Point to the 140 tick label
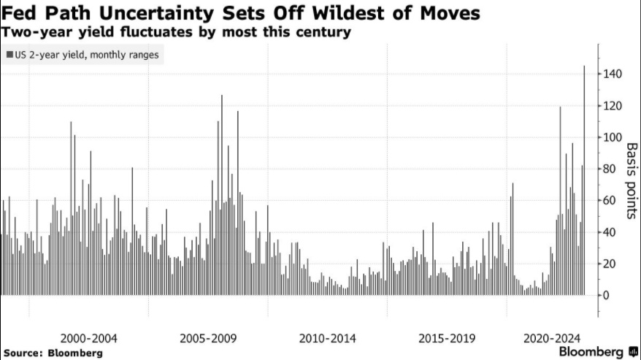(613, 74)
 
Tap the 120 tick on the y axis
(613, 106)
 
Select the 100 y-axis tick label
(613, 137)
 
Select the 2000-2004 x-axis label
(89, 339)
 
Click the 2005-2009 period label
(208, 339)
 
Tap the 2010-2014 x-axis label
(327, 339)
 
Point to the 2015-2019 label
(447, 339)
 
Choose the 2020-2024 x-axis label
(553, 339)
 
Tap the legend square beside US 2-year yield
(8, 55)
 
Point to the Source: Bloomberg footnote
(53, 353)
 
